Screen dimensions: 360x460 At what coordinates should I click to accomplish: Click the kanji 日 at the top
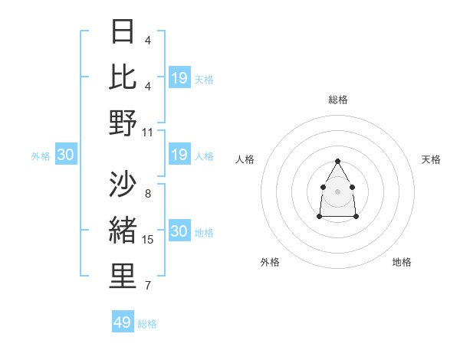[x=123, y=31]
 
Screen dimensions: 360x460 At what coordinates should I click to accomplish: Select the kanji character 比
[x=123, y=77]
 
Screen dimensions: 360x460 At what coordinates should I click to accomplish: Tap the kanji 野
[x=123, y=123]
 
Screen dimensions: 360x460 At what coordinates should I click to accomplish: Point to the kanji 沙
[x=123, y=185]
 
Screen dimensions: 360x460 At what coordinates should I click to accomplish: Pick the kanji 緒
[x=123, y=231]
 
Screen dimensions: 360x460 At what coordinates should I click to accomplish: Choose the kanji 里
[x=123, y=277]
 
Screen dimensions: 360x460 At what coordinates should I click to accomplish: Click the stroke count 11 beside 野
[x=148, y=132]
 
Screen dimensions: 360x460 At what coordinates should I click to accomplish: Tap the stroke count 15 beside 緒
[x=148, y=239]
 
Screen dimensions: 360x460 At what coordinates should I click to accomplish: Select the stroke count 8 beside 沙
[x=147, y=193]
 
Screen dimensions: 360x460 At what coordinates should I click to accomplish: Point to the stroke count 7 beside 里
[x=147, y=286]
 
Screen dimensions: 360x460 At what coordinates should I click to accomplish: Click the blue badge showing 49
[x=123, y=322]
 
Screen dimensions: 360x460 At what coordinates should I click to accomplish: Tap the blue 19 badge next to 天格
[x=179, y=78]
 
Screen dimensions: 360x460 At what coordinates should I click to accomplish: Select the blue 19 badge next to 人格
[x=179, y=155]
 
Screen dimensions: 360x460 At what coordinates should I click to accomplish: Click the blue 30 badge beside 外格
[x=65, y=155]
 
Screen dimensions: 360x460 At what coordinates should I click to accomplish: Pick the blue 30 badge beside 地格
[x=179, y=231]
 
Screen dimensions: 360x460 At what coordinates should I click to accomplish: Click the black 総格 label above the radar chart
[x=337, y=100]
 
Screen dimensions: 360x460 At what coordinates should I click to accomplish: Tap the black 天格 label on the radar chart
[x=431, y=159]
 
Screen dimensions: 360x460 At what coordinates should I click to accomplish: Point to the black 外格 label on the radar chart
[x=270, y=262]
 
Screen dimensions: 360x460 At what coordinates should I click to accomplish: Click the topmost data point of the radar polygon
[x=337, y=161]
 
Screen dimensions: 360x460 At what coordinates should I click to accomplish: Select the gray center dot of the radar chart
[x=337, y=190]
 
